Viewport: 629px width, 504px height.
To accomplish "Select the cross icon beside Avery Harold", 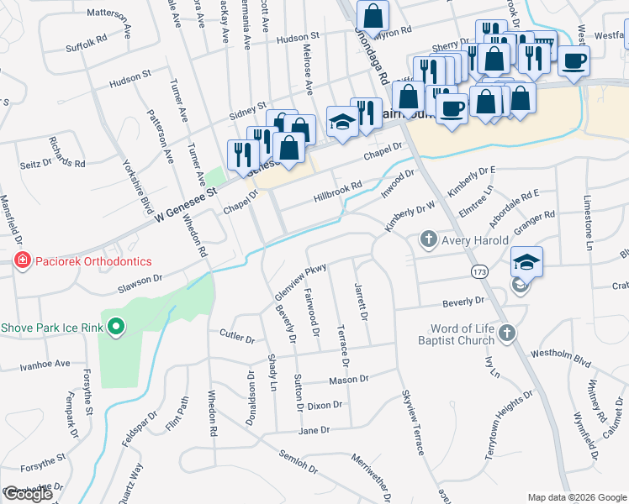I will (428, 240).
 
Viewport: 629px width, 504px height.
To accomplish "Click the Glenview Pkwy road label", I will (299, 283).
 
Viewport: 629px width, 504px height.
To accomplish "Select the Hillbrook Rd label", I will (337, 191).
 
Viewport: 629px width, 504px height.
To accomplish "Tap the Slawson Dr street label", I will (133, 281).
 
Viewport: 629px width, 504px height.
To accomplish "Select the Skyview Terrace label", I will (413, 424).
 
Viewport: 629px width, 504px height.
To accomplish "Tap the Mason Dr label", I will (349, 380).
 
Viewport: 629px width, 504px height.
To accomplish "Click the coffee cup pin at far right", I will (574, 61).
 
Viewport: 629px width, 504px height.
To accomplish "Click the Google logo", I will (28, 494).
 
